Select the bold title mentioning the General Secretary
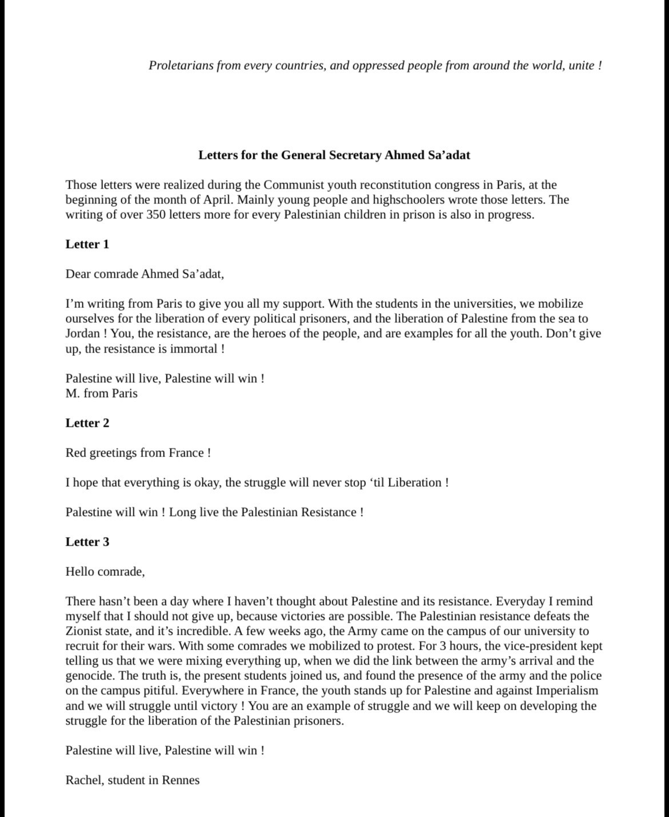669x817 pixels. tap(334, 155)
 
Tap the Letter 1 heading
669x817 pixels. tap(87, 245)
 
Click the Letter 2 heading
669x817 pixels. tap(87, 423)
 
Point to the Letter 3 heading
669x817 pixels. tap(87, 542)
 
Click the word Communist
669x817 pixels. tap(293, 185)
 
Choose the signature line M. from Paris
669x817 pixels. tap(101, 393)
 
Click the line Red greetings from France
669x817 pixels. tap(138, 453)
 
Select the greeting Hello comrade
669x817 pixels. tap(105, 571)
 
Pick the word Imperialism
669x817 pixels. tap(567, 691)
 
